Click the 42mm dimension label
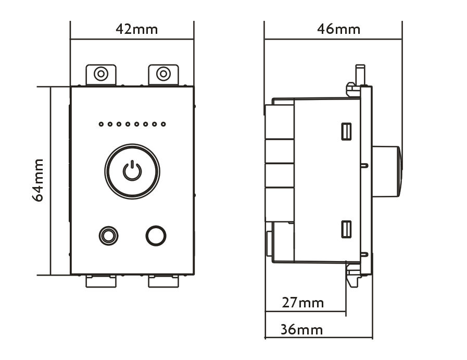[137, 29]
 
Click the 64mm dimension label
[38, 180]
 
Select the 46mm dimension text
[338, 29]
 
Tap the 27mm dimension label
[302, 303]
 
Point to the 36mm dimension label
[302, 330]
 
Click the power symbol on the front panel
[132, 170]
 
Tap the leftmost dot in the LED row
[102, 124]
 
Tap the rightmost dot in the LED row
[163, 124]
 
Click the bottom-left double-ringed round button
[108, 236]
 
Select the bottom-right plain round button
[156, 236]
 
